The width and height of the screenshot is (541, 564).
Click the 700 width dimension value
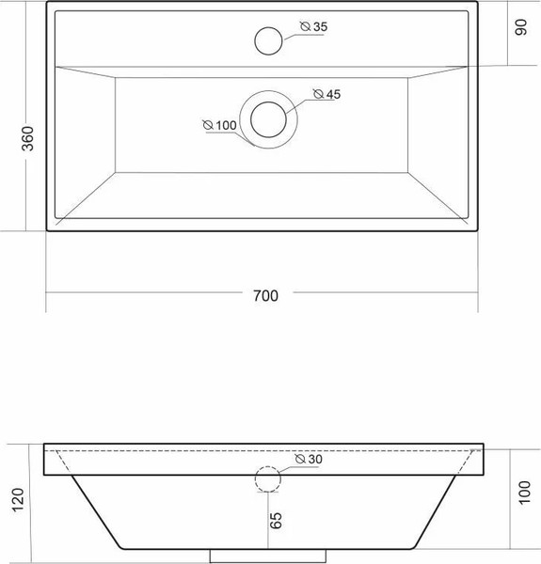(x=265, y=295)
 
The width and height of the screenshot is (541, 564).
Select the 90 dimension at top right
(x=521, y=27)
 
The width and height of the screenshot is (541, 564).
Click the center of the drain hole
(x=269, y=120)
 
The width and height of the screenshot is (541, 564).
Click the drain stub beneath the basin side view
(x=268, y=556)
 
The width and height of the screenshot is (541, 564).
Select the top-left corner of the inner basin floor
(x=116, y=77)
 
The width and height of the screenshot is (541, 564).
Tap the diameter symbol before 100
(x=207, y=124)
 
